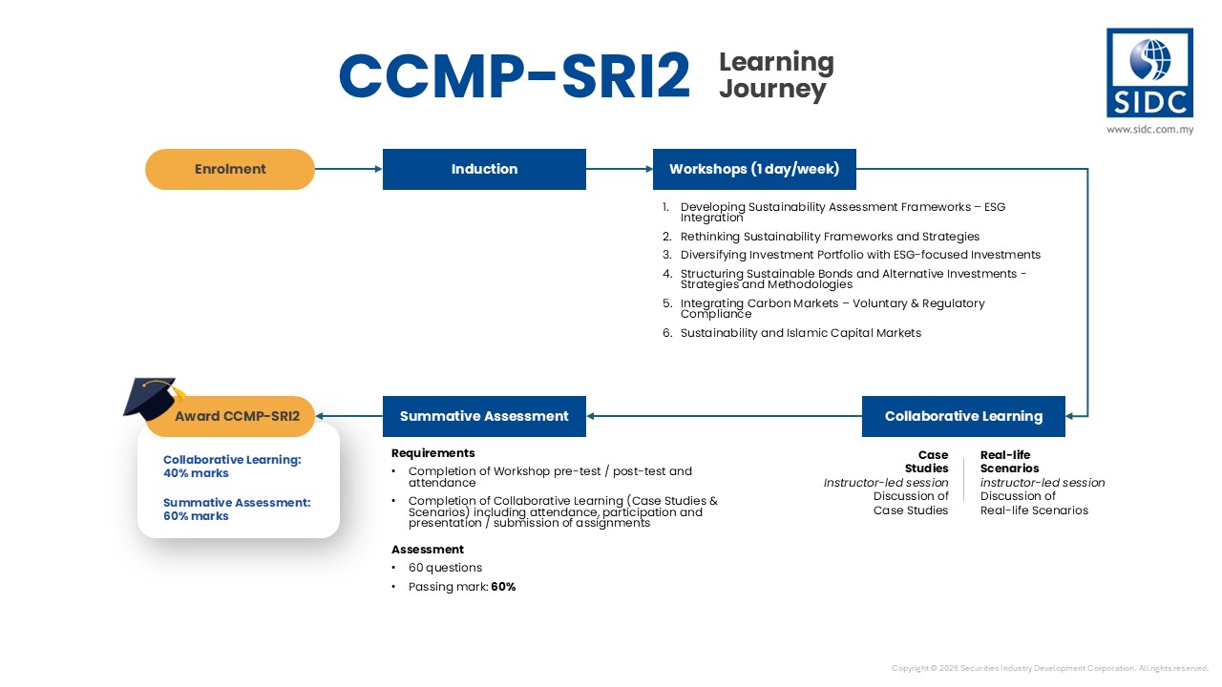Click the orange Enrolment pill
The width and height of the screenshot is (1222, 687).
point(230,169)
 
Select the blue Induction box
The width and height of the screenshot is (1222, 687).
point(484,169)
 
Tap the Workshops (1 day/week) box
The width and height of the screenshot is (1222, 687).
point(754,169)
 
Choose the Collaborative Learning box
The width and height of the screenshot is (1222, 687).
point(963,416)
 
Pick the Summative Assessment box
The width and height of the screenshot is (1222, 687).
point(484,416)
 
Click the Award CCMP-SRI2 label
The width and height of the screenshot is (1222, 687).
point(237,416)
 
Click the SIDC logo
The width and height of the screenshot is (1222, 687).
point(1149,73)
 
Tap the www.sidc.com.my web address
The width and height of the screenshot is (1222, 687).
point(1149,129)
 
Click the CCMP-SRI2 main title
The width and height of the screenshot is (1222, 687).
point(514,76)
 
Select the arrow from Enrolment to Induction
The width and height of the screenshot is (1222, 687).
point(348,169)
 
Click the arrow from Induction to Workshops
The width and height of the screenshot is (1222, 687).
point(619,169)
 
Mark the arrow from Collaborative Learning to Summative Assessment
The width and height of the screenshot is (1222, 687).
point(724,416)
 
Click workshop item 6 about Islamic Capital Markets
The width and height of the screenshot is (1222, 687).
point(800,333)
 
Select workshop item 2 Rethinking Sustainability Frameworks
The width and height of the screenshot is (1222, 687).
point(829,237)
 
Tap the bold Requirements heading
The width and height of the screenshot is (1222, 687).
point(432,453)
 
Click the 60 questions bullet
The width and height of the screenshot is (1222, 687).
point(445,568)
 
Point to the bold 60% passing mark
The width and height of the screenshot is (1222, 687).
point(503,587)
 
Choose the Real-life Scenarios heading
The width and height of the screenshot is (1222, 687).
point(1009,462)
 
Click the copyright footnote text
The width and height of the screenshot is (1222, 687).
point(1049,668)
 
